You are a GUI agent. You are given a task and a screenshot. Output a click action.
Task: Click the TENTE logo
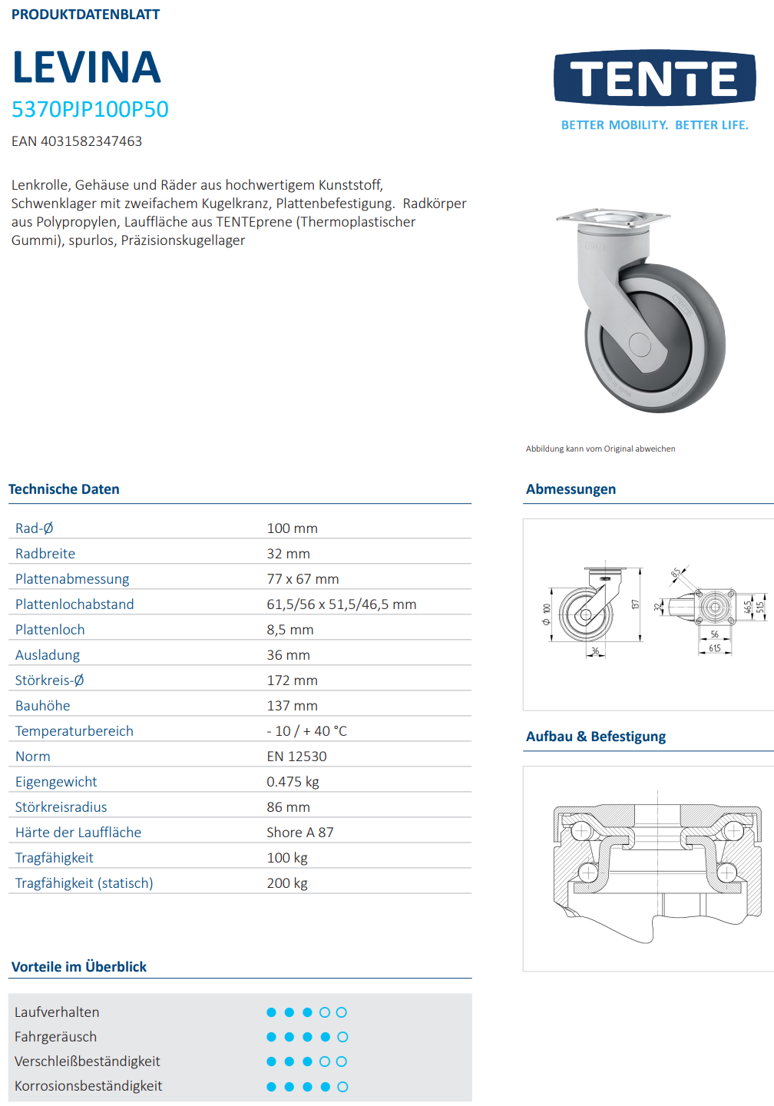click(654, 78)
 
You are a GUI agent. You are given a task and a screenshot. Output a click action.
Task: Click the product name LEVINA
click(86, 68)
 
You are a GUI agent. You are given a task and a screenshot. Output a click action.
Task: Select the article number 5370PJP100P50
click(90, 110)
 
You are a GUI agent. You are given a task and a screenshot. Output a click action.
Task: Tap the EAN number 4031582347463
click(77, 141)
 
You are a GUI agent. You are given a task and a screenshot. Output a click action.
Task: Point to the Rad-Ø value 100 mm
click(292, 528)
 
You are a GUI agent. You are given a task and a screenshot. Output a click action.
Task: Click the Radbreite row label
click(45, 554)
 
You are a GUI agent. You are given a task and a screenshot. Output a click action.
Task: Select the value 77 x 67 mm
click(303, 579)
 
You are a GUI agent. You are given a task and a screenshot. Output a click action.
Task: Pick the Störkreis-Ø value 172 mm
click(292, 680)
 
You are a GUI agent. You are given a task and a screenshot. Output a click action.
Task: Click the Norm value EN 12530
click(296, 757)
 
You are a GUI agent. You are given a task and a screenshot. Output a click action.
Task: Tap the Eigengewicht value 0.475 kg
click(293, 782)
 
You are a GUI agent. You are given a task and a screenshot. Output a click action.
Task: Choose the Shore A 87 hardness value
click(299, 833)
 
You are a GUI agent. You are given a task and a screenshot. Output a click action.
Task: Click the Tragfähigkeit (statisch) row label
click(84, 883)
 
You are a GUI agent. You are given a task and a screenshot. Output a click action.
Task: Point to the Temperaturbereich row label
click(74, 731)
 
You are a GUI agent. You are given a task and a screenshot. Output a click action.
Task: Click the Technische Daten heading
click(64, 489)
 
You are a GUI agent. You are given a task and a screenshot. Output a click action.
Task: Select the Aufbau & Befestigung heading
click(596, 737)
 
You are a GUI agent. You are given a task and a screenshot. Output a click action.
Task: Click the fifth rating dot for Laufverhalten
click(342, 1012)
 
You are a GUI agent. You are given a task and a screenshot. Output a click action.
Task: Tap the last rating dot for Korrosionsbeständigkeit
click(342, 1087)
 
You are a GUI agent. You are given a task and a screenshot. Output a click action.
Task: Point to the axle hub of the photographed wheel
click(640, 343)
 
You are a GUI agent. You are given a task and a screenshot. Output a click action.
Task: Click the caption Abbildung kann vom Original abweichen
click(600, 449)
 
